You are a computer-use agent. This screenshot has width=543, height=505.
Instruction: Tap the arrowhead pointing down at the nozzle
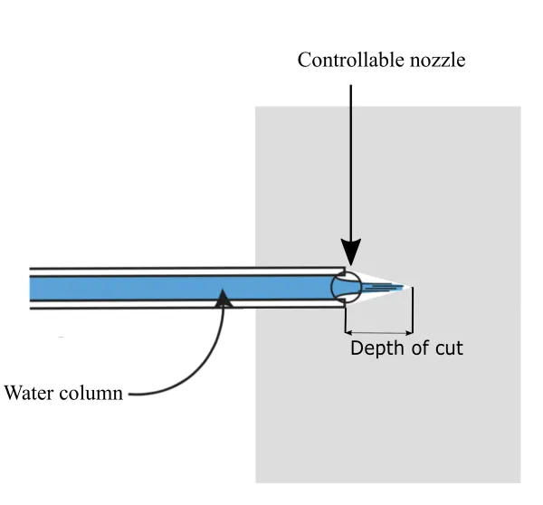point(351,252)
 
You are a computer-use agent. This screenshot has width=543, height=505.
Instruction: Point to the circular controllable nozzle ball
point(347,287)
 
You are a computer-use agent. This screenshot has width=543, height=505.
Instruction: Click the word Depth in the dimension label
point(375,348)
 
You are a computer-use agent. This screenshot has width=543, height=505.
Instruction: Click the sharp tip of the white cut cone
point(412,287)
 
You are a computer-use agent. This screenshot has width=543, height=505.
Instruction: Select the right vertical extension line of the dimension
point(413,312)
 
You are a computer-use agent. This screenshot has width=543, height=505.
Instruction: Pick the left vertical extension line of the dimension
point(345,317)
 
